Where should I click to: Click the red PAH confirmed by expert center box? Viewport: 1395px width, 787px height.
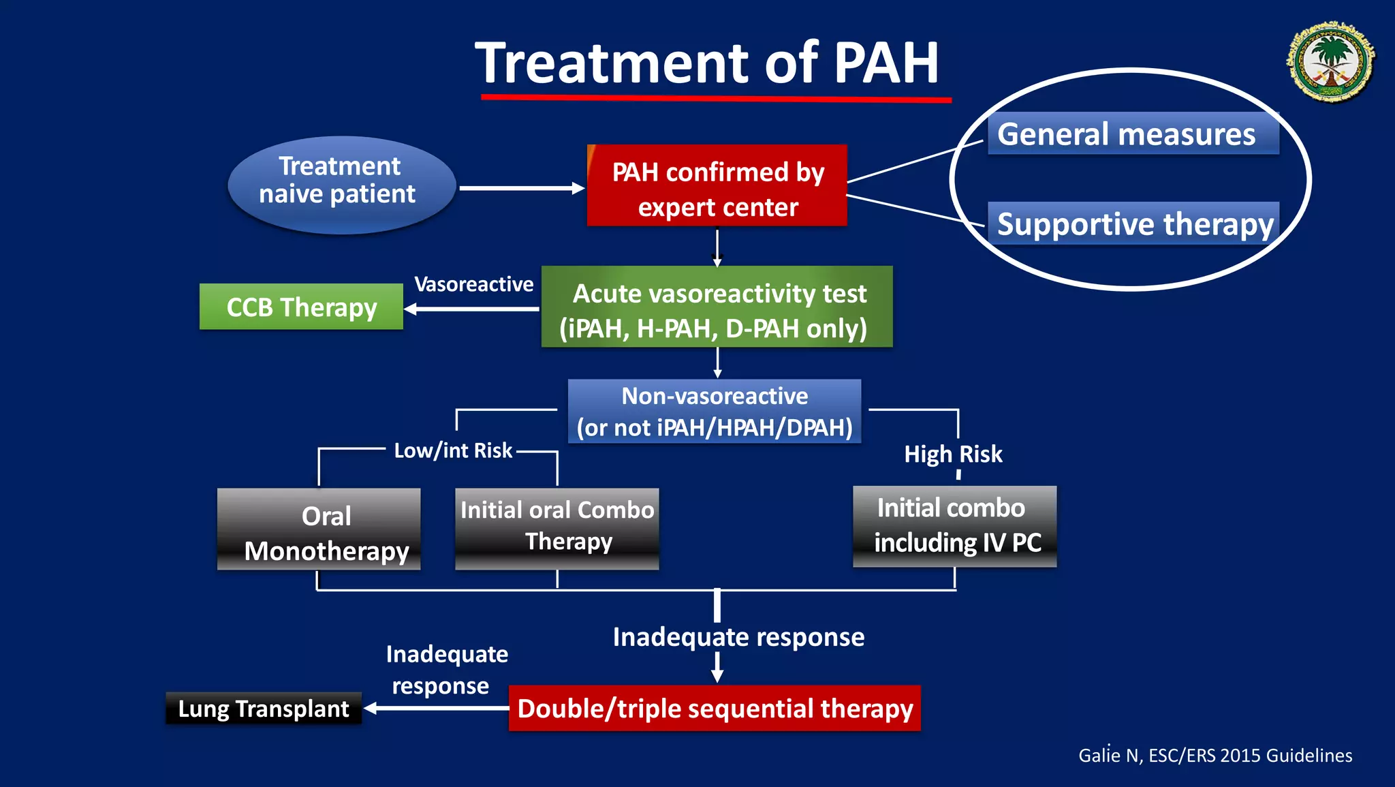[717, 186]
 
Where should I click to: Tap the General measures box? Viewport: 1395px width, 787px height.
[1132, 134]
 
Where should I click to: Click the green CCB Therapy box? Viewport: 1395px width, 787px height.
[301, 307]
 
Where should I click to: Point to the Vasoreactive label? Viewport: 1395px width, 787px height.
[473, 284]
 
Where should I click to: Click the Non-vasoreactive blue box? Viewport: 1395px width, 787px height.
[715, 412]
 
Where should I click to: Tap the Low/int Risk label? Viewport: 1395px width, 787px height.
[453, 450]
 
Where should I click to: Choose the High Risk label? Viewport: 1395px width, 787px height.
[953, 454]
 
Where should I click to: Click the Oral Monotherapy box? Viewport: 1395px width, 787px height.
[319, 529]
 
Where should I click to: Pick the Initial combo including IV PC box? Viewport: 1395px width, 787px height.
[954, 526]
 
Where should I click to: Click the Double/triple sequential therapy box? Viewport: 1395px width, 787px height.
[715, 709]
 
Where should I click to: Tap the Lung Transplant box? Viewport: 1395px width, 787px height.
[264, 709]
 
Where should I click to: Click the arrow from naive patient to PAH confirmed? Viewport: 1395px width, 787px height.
[521, 188]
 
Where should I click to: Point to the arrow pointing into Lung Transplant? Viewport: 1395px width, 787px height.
[436, 709]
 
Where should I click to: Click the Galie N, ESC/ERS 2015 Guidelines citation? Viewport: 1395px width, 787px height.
[1215, 756]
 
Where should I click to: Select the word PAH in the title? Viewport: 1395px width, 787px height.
[886, 63]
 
